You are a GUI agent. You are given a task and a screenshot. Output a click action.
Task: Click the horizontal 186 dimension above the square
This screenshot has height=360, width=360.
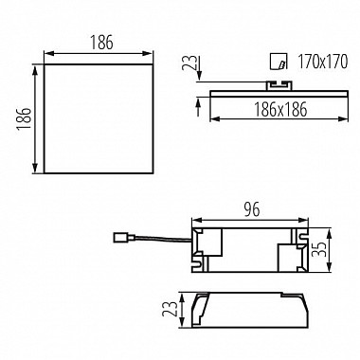pyautogui.click(x=101, y=43)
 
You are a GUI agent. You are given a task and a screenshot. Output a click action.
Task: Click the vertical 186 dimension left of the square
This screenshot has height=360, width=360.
pyautogui.click(x=24, y=118)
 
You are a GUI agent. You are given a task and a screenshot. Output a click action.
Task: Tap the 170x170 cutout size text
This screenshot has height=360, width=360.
pyautogui.click(x=322, y=62)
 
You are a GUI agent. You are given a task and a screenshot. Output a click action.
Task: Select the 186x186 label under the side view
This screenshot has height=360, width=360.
pyautogui.click(x=280, y=110)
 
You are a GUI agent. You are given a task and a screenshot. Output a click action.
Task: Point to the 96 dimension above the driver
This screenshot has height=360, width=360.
pyautogui.click(x=252, y=209)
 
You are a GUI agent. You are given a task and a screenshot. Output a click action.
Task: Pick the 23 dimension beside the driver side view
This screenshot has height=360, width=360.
pyautogui.click(x=169, y=309)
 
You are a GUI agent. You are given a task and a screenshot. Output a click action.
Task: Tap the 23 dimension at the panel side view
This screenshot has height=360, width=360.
pyautogui.click(x=189, y=63)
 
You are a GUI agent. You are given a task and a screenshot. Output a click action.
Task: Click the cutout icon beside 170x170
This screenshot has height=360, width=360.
pyautogui.click(x=279, y=62)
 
